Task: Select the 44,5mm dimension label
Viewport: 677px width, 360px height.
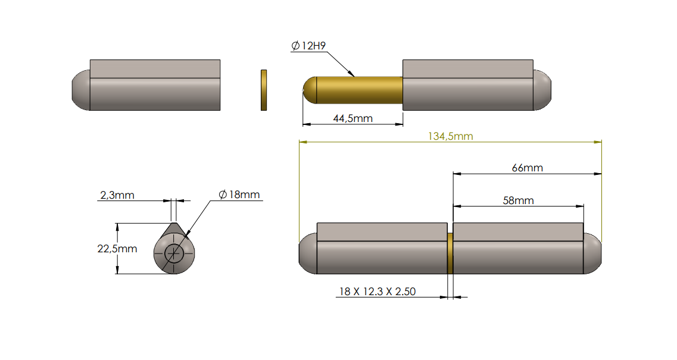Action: pos(352,118)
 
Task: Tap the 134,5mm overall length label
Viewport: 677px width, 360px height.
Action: pos(450,136)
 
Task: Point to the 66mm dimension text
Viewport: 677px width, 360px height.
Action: pos(528,168)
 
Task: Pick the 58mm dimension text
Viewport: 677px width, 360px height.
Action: pos(518,201)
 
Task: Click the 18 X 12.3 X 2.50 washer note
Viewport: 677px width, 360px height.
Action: pos(377,291)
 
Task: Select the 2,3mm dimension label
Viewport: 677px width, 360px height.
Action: pos(117,195)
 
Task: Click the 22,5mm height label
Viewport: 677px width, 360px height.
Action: pos(117,248)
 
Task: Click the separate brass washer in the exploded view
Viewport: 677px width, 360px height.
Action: pos(264,90)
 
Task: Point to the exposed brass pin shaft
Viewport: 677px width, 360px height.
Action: pos(360,90)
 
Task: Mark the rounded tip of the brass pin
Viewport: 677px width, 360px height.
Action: pos(309,90)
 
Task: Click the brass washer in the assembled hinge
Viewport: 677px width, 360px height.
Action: pos(450,253)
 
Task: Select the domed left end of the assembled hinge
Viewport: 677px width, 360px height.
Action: pos(307,253)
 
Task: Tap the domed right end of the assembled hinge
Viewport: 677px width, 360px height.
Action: pos(592,253)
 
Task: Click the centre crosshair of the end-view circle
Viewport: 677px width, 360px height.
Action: pos(174,253)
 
